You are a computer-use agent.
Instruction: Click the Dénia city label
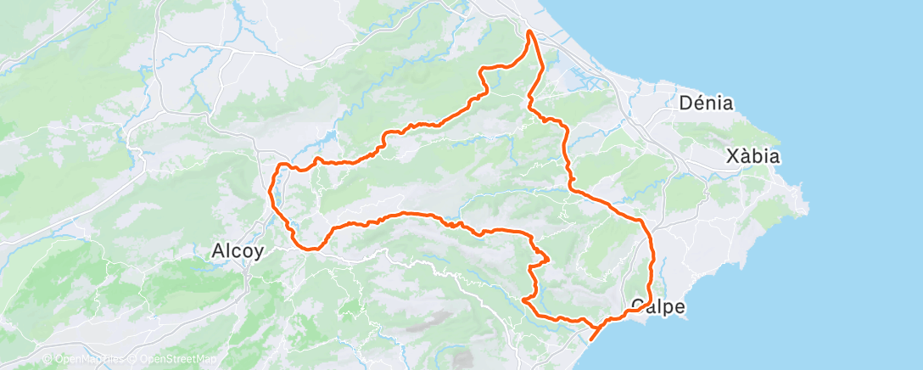click(706, 104)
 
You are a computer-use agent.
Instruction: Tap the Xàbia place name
click(752, 156)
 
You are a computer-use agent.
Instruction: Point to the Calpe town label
click(658, 306)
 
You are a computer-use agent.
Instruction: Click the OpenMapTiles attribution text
click(87, 359)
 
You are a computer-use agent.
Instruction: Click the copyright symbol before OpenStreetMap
click(133, 359)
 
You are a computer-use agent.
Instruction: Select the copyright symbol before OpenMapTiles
click(47, 359)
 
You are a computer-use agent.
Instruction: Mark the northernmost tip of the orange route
click(529, 31)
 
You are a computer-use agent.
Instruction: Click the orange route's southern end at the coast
click(590, 339)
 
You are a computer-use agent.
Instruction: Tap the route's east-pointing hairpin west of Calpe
click(548, 258)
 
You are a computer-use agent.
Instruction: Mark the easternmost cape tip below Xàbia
click(807, 204)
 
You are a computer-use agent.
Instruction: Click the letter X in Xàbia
click(733, 156)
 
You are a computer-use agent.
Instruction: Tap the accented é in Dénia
click(700, 104)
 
